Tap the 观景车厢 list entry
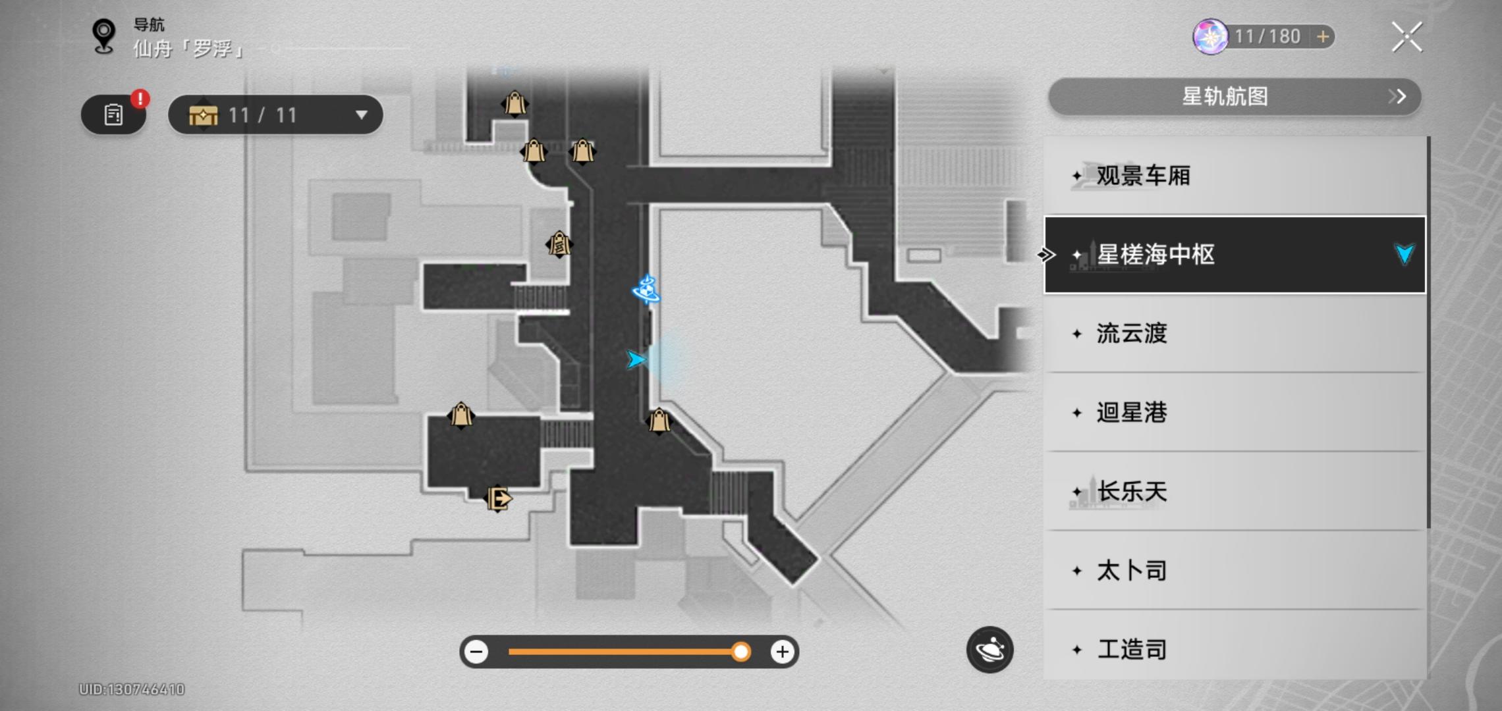pos(1235,176)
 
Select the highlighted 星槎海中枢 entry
pos(1235,255)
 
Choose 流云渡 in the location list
pos(1235,334)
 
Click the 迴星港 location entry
pos(1235,413)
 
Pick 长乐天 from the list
pos(1235,492)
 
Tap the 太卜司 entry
pos(1235,571)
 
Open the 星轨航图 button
pos(1234,97)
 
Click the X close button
pos(1406,37)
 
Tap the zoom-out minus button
pos(476,652)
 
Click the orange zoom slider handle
pos(741,652)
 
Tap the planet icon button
pos(989,650)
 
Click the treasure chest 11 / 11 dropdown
pos(275,115)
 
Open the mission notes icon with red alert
pos(114,115)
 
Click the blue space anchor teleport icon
pos(646,289)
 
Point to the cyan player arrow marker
pos(636,359)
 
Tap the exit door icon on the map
pos(498,498)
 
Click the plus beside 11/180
pos(1322,37)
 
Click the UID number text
pos(132,689)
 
